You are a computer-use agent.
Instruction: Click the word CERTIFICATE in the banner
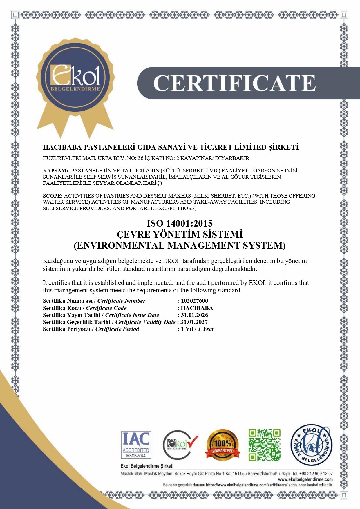(x=234, y=83)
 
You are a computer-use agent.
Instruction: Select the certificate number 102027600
(x=194, y=301)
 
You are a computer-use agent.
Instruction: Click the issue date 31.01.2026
(x=194, y=315)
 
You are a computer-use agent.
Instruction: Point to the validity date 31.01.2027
(x=194, y=322)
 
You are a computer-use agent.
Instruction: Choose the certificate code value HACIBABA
(x=197, y=308)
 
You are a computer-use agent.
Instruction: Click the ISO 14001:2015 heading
(x=180, y=223)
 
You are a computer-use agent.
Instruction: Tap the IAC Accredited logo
(x=136, y=444)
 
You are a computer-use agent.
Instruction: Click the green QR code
(x=264, y=445)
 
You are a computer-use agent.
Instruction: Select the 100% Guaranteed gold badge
(x=222, y=445)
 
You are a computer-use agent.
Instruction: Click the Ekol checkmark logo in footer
(x=180, y=445)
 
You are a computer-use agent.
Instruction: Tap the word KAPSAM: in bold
(x=55, y=171)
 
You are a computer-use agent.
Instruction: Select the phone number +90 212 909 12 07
(x=316, y=474)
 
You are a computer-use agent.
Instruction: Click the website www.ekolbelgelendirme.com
(x=305, y=479)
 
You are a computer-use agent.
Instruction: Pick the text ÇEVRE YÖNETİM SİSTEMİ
(x=180, y=234)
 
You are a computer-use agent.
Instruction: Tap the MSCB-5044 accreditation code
(x=136, y=456)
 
